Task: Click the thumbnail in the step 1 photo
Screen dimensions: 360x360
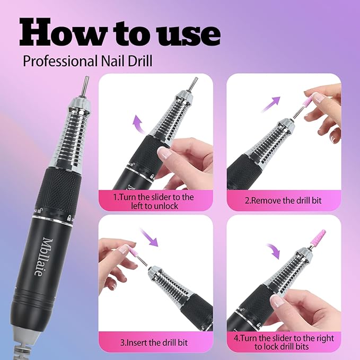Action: click(165, 154)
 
